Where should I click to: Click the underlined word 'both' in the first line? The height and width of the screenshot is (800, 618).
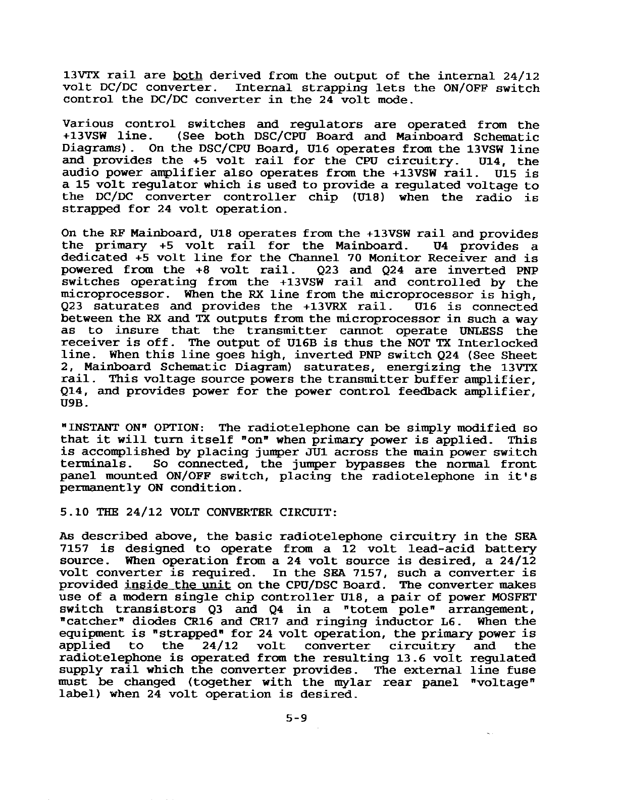point(187,76)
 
